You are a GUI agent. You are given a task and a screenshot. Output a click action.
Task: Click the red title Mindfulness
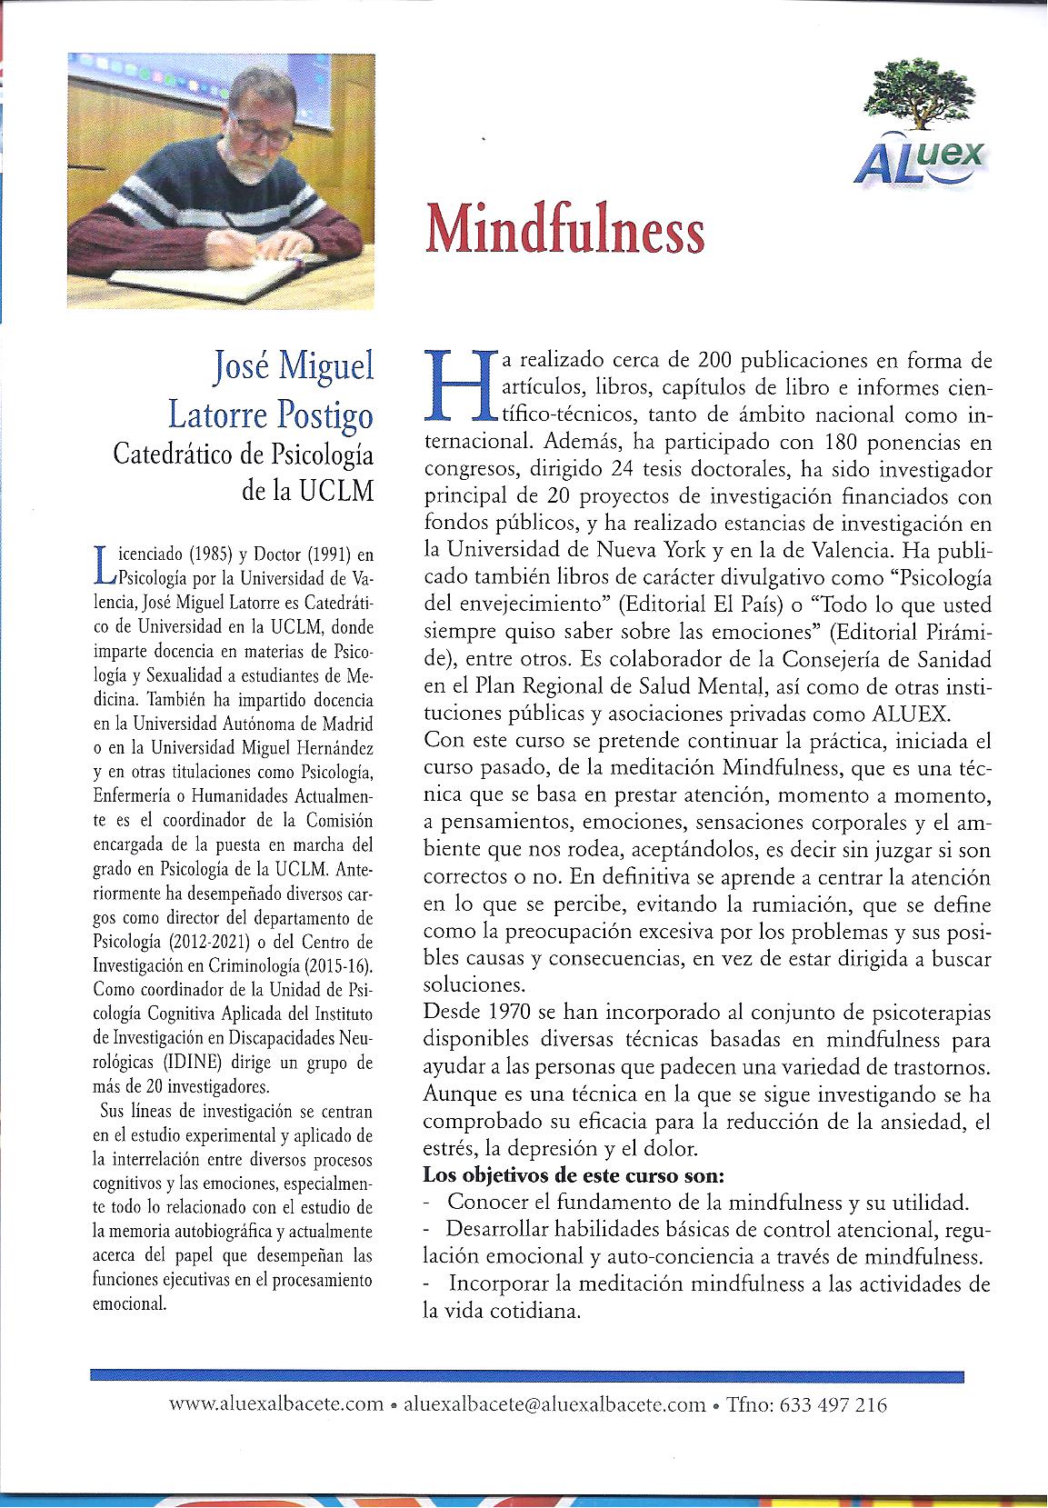564,230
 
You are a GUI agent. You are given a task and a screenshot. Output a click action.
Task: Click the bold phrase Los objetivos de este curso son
574,1174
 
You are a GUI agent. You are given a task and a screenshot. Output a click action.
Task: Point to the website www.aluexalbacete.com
276,1403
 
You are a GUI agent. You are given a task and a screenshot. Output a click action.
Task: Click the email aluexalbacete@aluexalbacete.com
554,1403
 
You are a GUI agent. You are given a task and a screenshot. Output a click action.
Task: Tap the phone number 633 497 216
829,1403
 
